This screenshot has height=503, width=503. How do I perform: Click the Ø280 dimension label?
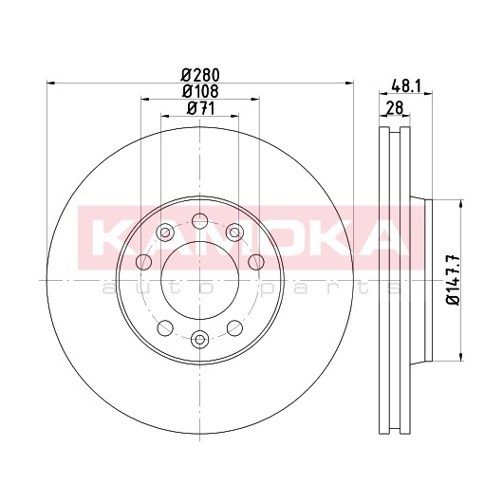tap(200, 75)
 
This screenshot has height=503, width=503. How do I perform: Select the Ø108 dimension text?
tap(200, 91)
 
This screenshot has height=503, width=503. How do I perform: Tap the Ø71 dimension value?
tap(200, 108)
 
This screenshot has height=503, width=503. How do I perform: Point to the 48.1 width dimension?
tap(406, 86)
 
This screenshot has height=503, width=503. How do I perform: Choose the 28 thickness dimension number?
tap(394, 108)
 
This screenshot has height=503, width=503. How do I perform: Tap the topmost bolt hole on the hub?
tap(200, 221)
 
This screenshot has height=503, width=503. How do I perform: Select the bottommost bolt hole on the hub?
tap(200, 339)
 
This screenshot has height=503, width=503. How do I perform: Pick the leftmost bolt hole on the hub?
tap(143, 262)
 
